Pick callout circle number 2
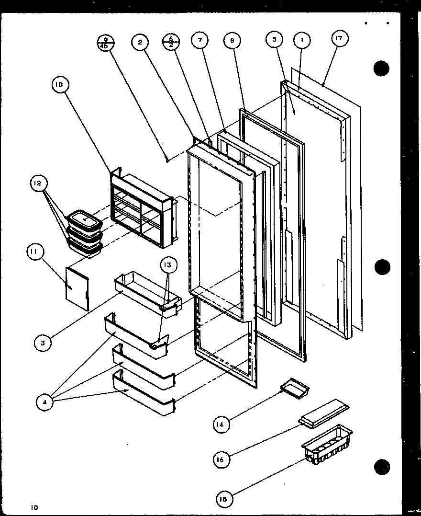(140, 42)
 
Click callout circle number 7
(199, 41)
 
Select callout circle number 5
(275, 40)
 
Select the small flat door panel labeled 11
(78, 288)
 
